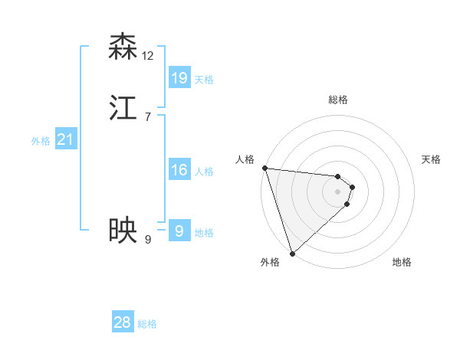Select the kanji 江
pos(123,107)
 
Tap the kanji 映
pos(123,230)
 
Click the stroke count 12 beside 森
pos(148,55)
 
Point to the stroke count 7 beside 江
pos(148,116)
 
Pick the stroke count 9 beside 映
pos(148,239)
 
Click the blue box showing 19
pos(179,77)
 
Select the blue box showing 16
pos(179,170)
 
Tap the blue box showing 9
pos(179,231)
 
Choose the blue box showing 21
pos(65,139)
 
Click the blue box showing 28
pos(123,322)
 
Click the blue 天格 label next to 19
pos(204,80)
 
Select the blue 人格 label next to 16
pos(204,172)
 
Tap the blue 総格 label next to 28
pos(147,325)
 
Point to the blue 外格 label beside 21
pos(41,141)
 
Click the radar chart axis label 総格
pos(337,100)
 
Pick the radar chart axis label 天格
pos(432,159)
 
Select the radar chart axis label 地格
pos(402,262)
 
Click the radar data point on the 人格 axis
pos(264,168)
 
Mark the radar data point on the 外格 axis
pos(292,253)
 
